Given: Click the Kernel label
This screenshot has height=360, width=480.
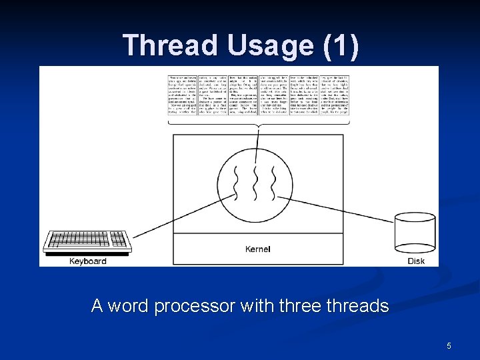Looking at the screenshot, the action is (258, 249).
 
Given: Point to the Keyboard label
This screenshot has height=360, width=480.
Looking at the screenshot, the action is (87, 261).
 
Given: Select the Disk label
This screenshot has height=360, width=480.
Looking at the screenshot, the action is (416, 261).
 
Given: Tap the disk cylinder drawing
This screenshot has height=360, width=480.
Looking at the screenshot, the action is (415, 234).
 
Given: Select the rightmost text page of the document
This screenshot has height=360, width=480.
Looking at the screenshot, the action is (335, 94).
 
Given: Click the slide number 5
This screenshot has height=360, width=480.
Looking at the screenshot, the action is (449, 345).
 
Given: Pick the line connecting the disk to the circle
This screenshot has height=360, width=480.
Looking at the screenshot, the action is (340, 210).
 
